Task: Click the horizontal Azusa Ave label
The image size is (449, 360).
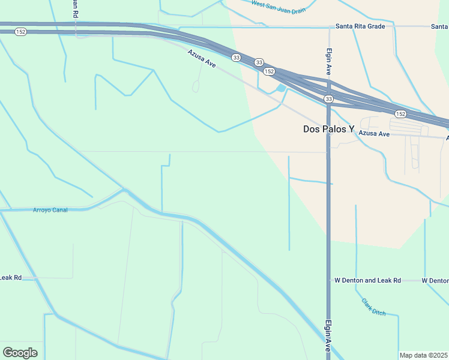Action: point(374,134)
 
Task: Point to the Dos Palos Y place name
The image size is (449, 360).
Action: point(328,129)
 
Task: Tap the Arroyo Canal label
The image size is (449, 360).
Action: point(50,210)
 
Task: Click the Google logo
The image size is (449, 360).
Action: point(20,353)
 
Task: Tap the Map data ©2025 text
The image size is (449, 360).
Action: point(423,355)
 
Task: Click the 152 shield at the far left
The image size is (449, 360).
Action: point(21,32)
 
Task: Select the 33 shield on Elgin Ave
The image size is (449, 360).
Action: point(328,98)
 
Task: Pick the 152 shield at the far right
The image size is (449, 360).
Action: point(400,113)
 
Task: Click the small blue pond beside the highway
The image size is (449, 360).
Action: point(280,88)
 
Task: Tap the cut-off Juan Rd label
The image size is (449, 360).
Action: point(74,8)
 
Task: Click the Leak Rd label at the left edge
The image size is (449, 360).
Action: point(10,277)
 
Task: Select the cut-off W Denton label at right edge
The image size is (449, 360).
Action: point(435,280)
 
